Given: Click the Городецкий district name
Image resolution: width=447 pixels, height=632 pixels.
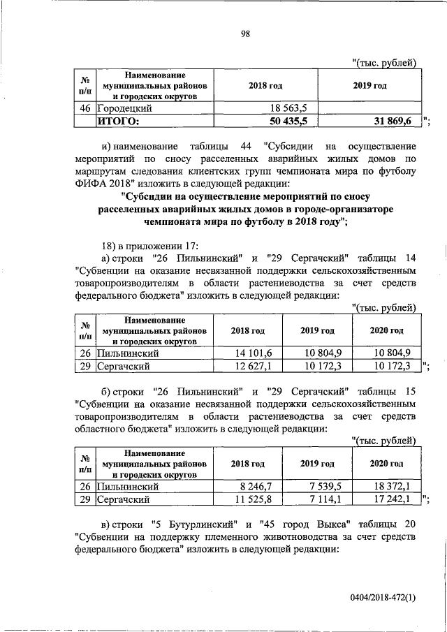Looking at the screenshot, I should pos(125,108).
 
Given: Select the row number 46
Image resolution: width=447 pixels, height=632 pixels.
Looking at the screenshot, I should pos(85,108).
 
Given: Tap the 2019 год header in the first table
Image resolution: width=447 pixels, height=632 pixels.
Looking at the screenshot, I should pos(369,85).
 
